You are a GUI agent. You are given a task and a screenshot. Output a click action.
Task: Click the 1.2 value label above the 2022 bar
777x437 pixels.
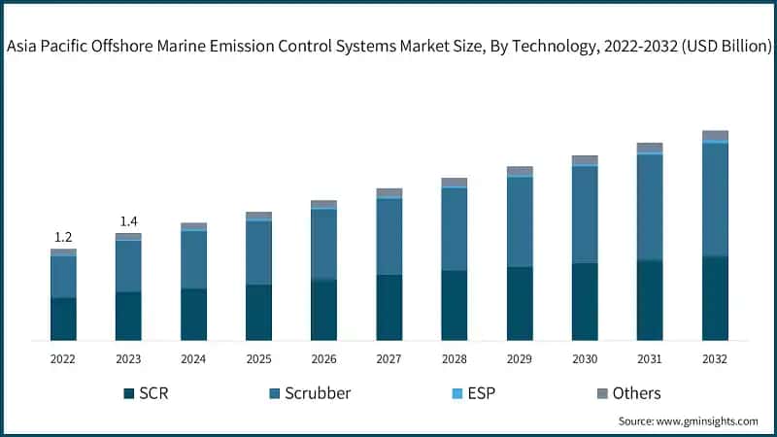pyautogui.click(x=63, y=237)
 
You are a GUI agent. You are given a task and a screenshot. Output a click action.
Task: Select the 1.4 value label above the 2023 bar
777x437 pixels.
pyautogui.click(x=128, y=221)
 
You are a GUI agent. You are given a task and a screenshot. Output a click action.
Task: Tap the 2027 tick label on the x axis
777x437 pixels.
pyautogui.click(x=388, y=359)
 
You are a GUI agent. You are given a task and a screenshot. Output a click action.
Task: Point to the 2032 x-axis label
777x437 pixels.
pyautogui.click(x=715, y=359)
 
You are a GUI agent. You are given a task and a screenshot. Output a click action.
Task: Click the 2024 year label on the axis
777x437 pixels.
pyautogui.click(x=193, y=359)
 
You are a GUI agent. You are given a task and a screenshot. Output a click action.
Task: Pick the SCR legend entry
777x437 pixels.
pyautogui.click(x=146, y=393)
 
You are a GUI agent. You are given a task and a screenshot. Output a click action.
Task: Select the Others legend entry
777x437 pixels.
pyautogui.click(x=625, y=393)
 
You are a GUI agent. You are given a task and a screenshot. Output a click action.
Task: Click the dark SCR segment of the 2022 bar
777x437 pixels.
pyautogui.click(x=63, y=319)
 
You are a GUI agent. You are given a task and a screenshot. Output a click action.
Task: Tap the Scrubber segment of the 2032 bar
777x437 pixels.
pyautogui.click(x=715, y=199)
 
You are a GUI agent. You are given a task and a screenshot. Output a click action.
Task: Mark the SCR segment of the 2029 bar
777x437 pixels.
pyautogui.click(x=520, y=303)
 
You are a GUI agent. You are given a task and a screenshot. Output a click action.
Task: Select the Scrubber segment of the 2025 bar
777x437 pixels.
pyautogui.click(x=258, y=252)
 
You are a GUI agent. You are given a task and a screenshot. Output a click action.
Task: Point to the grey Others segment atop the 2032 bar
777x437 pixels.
pyautogui.click(x=715, y=135)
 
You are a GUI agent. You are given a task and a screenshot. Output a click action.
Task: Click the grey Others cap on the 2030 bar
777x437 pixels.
pyautogui.click(x=585, y=159)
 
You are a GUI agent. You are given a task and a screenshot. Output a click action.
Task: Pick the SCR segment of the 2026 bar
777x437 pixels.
pyautogui.click(x=323, y=310)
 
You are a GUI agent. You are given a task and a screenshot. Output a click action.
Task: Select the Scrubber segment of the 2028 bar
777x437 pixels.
pyautogui.click(x=455, y=228)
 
